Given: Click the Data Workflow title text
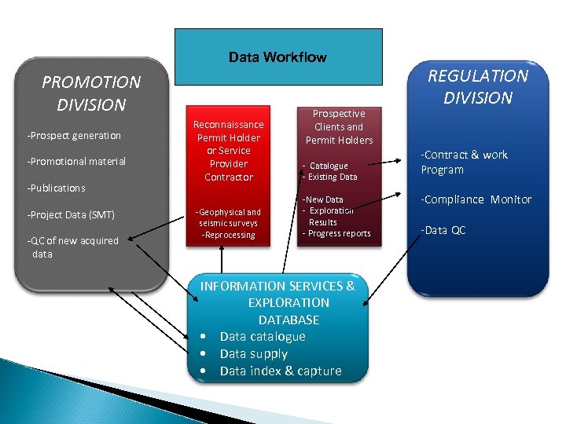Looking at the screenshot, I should pyautogui.click(x=277, y=57).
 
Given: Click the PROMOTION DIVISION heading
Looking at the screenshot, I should pyautogui.click(x=91, y=93).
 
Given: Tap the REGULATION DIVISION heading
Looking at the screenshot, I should pyautogui.click(x=477, y=87).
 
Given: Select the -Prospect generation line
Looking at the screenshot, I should pyautogui.click(x=74, y=136).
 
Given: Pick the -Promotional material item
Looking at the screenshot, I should pyautogui.click(x=76, y=162).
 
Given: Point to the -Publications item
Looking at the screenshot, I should pyautogui.click(x=56, y=188).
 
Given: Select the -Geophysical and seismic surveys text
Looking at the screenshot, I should pyautogui.click(x=228, y=217).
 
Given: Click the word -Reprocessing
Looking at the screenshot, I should pyautogui.click(x=228, y=236).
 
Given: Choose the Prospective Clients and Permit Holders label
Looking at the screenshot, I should pyautogui.click(x=339, y=126).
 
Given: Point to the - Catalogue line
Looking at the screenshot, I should pyautogui.click(x=326, y=166).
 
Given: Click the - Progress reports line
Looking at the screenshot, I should pyautogui.click(x=336, y=234).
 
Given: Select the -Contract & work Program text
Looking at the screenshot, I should pyautogui.click(x=464, y=163).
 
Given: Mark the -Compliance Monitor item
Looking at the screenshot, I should pyautogui.click(x=476, y=200).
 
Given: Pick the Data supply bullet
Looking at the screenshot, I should pyautogui.click(x=254, y=354).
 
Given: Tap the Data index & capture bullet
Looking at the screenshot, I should pyautogui.click(x=280, y=371).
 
